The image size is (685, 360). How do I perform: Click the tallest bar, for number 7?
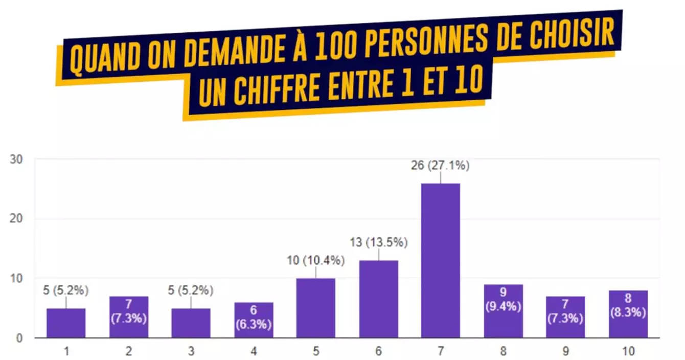[x=440, y=260]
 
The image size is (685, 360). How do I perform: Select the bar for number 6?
[x=378, y=299]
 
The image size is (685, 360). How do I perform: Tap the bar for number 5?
[x=315, y=308]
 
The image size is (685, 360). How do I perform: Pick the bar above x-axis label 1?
[x=66, y=323]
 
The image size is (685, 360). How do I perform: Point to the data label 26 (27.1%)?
[x=440, y=166]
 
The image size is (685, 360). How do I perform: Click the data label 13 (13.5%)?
[x=378, y=242]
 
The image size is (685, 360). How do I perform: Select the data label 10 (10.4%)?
[x=315, y=260]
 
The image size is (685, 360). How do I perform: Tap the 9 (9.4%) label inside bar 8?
[x=503, y=300]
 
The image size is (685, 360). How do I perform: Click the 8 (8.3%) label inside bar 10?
[x=628, y=306]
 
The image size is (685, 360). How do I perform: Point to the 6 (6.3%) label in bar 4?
[x=254, y=318]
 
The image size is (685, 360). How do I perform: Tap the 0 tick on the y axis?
[x=19, y=338]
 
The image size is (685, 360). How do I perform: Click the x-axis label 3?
[x=191, y=351]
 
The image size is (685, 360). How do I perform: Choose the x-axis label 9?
[x=565, y=351]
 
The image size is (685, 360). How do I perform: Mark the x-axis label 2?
[x=128, y=351]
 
